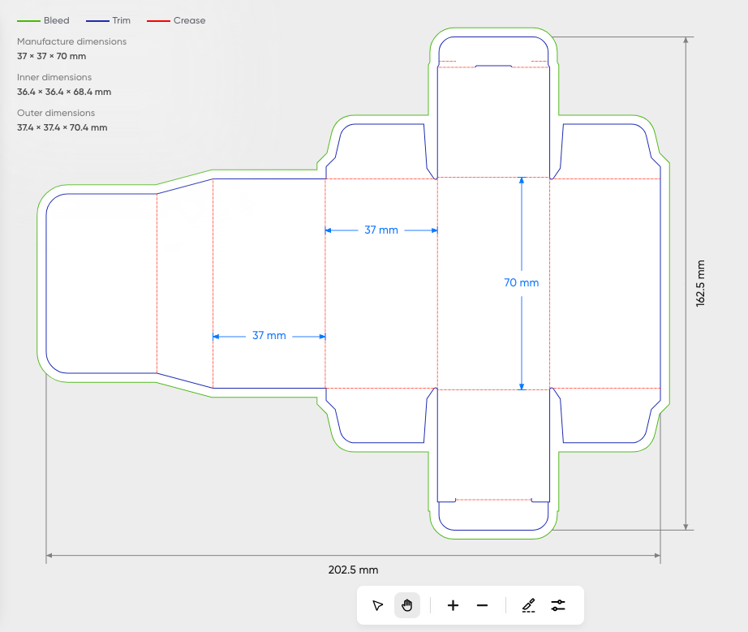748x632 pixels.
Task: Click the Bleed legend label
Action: click(56, 20)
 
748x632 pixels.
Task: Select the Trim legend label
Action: click(121, 20)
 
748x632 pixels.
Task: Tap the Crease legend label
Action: click(189, 20)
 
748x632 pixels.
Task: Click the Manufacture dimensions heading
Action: click(71, 41)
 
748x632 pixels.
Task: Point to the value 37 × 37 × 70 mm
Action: click(52, 56)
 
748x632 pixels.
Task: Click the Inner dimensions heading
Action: click(54, 77)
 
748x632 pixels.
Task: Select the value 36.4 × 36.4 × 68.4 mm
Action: click(64, 92)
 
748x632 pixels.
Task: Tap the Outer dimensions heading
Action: click(56, 113)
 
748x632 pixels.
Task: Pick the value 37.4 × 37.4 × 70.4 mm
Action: click(62, 128)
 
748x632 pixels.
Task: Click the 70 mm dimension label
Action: click(522, 283)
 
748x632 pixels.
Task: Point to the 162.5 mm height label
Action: click(700, 283)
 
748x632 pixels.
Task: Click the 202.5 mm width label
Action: click(353, 570)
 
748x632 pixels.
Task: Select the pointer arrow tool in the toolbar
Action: click(377, 606)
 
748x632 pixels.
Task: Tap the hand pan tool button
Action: click(407, 605)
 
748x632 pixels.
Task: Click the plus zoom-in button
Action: click(453, 606)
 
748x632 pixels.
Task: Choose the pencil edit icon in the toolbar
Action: click(529, 606)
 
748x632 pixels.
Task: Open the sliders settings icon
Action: click(558, 606)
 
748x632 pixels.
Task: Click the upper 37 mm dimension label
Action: click(381, 230)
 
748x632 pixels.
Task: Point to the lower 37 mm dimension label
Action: click(269, 336)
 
